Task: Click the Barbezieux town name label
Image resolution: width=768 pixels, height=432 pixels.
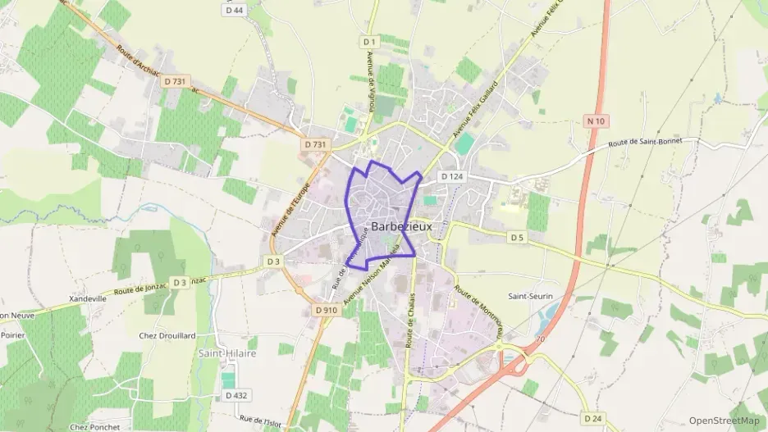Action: point(401,226)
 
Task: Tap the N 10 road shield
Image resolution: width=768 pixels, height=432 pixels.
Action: point(597,121)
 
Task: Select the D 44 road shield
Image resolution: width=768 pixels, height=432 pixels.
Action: point(234,10)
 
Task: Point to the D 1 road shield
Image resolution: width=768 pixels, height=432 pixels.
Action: point(368,41)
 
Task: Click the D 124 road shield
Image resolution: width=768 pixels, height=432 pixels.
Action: point(451,176)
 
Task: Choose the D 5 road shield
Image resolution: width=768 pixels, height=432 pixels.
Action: point(516,238)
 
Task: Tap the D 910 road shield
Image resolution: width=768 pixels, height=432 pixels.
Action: point(326,311)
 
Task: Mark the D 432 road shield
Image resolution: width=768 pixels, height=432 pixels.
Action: point(236,395)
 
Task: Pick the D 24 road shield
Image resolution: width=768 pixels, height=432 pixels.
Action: point(591,418)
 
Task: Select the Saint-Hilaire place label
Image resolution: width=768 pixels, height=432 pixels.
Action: point(227,352)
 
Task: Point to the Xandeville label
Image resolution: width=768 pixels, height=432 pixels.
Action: point(89,299)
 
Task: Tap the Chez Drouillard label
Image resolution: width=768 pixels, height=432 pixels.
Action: point(167,335)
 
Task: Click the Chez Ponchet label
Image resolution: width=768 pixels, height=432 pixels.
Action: point(94,426)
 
